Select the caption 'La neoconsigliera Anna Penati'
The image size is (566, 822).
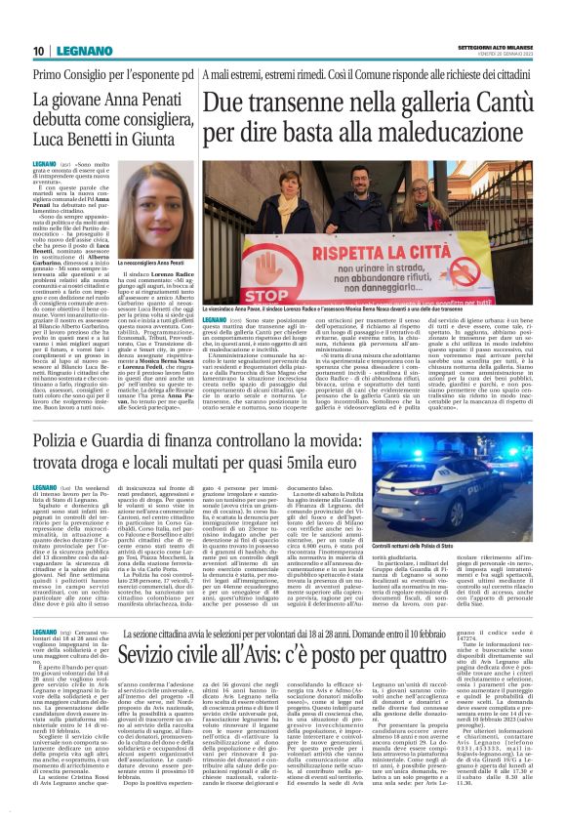151,264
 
